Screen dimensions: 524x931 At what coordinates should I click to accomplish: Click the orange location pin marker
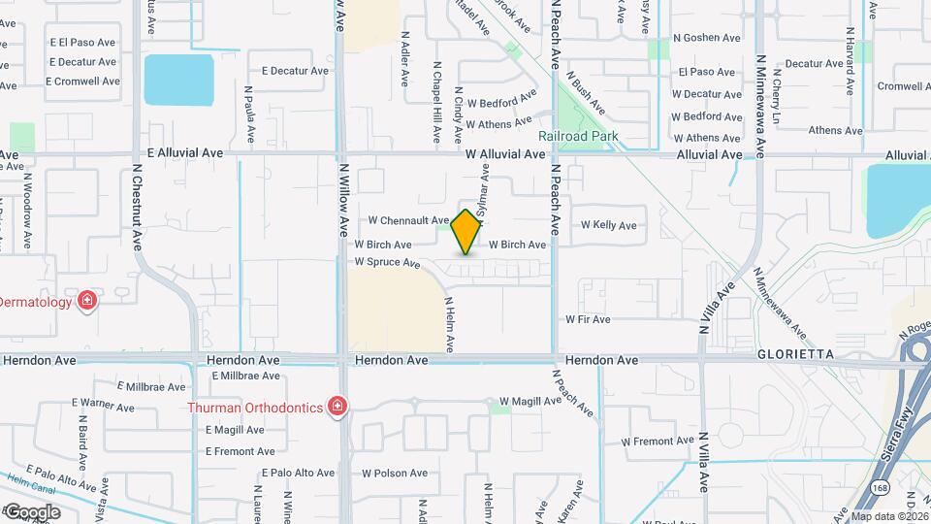point(466,232)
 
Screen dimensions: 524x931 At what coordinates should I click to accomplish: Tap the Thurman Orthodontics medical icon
point(337,405)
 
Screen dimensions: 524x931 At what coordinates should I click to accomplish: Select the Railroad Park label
point(578,137)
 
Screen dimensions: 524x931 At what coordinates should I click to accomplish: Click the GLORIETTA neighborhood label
point(796,355)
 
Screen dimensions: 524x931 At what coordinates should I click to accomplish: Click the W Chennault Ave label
point(408,220)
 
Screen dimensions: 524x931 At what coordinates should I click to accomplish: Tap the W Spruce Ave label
point(387,262)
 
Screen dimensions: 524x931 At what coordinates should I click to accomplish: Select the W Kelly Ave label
point(608,225)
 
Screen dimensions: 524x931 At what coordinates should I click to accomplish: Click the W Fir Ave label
point(589,319)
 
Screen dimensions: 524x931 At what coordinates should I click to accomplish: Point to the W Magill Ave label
point(530,402)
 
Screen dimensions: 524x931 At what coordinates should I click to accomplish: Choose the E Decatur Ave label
point(297,71)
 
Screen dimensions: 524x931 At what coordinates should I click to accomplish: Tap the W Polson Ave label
point(395,474)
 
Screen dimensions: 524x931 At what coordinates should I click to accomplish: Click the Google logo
point(31,511)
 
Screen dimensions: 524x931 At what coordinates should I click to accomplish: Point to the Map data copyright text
point(887,516)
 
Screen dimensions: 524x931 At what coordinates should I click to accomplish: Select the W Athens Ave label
point(500,124)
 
